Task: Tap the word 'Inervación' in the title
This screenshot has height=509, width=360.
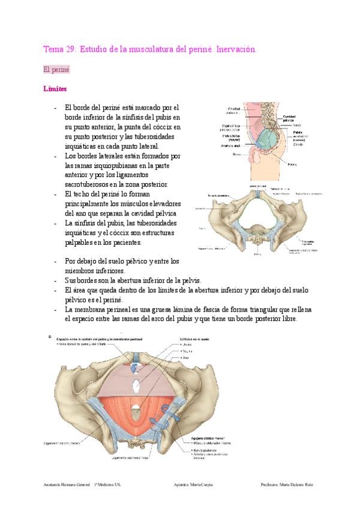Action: tap(236, 49)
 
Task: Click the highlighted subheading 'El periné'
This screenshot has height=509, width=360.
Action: tap(57, 70)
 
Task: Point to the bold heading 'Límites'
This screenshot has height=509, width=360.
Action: tap(55, 89)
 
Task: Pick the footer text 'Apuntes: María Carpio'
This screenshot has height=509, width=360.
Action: tap(192, 484)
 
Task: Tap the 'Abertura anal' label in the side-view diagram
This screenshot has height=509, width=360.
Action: tap(231, 145)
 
